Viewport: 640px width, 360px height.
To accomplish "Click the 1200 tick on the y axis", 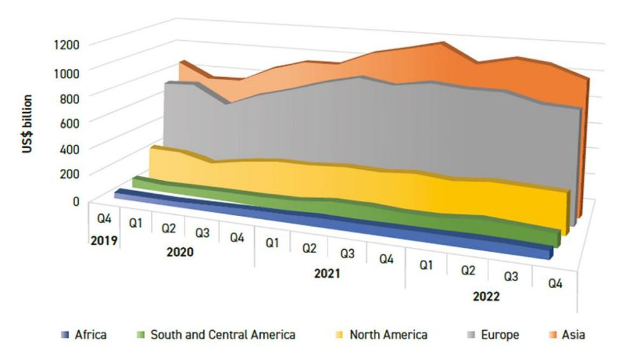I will (x=66, y=44).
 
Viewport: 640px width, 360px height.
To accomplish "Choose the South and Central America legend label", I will (x=222, y=334).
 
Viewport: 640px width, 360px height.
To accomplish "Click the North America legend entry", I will (x=388, y=334).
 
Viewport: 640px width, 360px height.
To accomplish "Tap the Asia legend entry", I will (x=573, y=334).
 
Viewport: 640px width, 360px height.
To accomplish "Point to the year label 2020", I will (x=179, y=252).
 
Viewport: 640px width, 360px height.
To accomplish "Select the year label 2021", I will (x=327, y=275).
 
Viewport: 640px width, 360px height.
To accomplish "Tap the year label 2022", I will (x=486, y=297).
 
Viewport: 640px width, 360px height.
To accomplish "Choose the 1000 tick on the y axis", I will (x=66, y=71).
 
